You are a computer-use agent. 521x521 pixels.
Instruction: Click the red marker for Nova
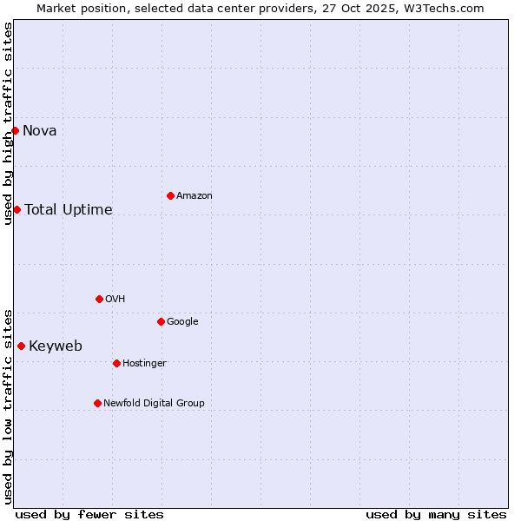[15, 130]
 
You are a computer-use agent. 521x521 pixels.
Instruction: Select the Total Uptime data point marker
[16, 209]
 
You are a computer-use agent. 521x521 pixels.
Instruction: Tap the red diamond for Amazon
[170, 195]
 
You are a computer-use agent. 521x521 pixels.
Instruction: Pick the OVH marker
[99, 299]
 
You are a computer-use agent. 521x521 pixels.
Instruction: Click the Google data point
[161, 321]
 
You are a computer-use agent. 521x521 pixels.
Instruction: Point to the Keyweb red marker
[21, 346]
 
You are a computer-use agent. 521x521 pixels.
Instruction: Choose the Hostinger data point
[116, 363]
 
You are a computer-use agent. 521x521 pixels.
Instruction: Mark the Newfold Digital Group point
[97, 403]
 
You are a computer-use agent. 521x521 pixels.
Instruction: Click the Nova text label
[40, 131]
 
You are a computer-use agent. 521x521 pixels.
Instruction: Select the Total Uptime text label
[69, 210]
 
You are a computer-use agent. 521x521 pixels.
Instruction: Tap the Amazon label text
[195, 196]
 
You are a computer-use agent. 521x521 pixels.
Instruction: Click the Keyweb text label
[56, 346]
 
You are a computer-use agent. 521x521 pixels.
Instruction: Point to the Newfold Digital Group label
[155, 403]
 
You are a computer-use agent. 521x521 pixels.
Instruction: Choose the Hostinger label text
[144, 363]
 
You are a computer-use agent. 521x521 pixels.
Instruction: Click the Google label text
[182, 321]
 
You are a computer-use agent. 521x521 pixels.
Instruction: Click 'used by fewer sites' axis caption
[89, 514]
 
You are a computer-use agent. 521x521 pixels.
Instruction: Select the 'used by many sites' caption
[436, 514]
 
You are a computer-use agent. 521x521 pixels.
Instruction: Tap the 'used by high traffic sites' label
[8, 123]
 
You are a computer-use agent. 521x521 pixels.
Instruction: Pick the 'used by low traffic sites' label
[8, 406]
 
